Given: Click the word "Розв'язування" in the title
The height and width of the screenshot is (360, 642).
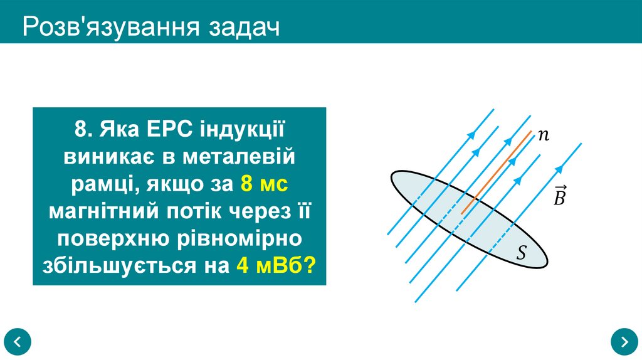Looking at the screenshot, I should (x=107, y=28).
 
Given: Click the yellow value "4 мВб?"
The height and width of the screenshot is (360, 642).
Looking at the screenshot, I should (x=276, y=265).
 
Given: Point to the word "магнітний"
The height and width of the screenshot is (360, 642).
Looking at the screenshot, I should (x=103, y=211).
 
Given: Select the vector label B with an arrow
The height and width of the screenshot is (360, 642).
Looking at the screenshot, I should (x=560, y=196).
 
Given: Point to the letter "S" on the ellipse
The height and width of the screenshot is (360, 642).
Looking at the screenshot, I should (x=521, y=253).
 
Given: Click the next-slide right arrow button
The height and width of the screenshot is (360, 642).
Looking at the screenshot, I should (x=624, y=341).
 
